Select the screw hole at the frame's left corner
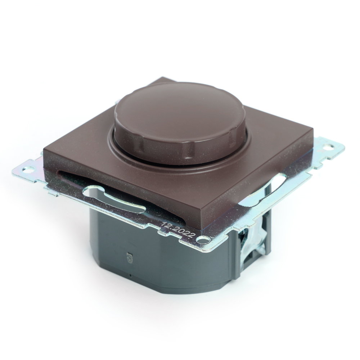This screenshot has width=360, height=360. click(29, 168)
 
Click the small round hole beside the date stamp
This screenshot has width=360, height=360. click(204, 238)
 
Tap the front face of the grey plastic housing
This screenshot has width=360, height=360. click(151, 259)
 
